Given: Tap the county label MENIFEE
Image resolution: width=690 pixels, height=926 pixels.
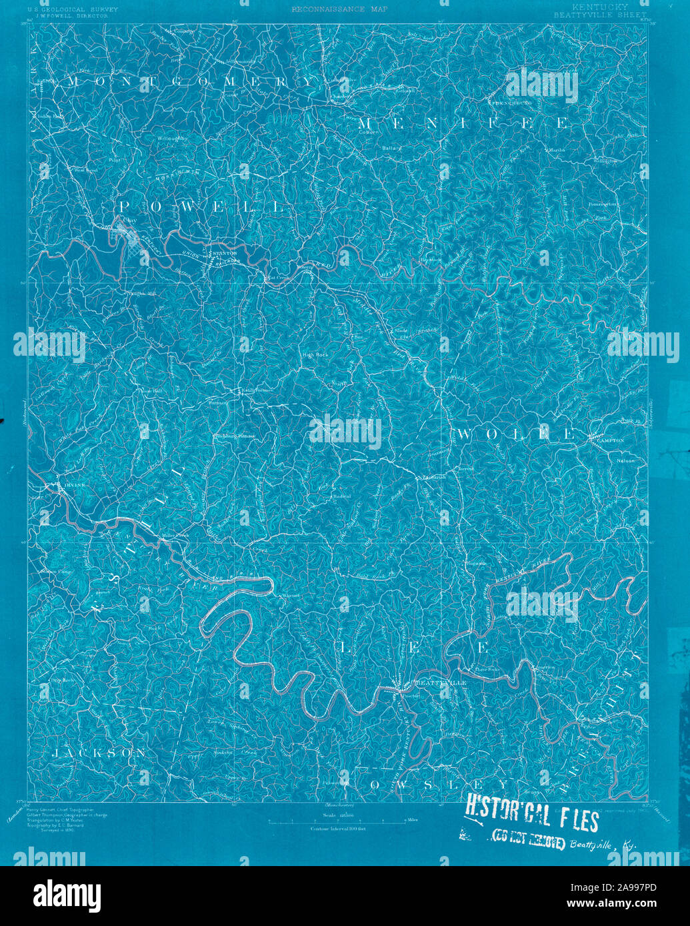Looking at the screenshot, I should (463, 124).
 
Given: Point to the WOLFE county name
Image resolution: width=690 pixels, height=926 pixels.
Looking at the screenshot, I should (515, 434).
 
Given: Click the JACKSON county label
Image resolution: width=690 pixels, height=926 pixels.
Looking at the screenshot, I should (99, 753).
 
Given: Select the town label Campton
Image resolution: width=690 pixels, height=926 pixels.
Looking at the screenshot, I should (611, 441).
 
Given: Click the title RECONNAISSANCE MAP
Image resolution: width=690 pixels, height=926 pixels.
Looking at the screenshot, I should (339, 9).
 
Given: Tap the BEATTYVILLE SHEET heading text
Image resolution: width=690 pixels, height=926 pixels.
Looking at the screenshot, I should (600, 14).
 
